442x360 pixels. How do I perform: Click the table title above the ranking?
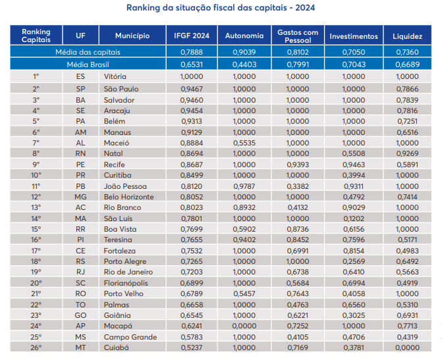click(221, 8)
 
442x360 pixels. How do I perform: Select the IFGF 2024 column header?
click(191, 36)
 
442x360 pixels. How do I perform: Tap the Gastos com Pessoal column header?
click(298, 36)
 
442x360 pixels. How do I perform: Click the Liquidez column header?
click(406, 36)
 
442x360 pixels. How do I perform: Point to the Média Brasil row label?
click(88, 64)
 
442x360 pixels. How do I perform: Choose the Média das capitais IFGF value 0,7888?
click(191, 52)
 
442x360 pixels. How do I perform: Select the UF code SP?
click(80, 89)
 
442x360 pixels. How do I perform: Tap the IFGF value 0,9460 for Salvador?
click(191, 100)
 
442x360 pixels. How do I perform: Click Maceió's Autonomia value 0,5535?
click(244, 143)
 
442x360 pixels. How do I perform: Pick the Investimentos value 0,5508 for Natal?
click(353, 153)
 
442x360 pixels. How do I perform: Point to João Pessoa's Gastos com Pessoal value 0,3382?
click(298, 186)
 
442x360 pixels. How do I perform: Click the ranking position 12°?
click(36, 197)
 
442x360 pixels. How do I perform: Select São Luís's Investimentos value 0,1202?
click(353, 219)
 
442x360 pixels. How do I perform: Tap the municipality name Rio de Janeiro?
click(129, 272)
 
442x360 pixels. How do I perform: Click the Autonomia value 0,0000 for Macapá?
click(244, 326)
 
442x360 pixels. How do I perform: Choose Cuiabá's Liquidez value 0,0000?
click(406, 347)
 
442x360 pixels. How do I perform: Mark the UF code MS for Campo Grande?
click(80, 337)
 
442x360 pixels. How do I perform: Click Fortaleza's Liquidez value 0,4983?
click(406, 251)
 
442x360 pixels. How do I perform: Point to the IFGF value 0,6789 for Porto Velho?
click(191, 294)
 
